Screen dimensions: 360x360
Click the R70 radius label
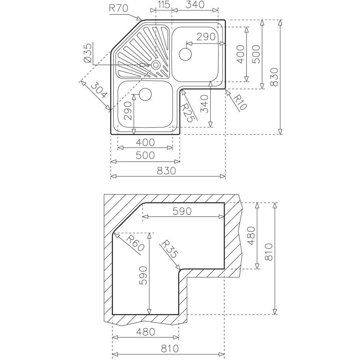click(118, 9)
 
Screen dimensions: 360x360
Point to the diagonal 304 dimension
click(99, 91)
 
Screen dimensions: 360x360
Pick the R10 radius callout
click(240, 102)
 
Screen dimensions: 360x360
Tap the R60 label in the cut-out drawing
click(135, 244)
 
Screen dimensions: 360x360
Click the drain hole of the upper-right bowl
click(185, 54)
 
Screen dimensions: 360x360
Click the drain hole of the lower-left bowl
click(145, 94)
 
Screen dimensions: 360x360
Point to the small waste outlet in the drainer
click(156, 65)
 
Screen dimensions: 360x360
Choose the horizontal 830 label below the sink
click(166, 171)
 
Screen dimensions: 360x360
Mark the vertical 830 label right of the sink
click(274, 77)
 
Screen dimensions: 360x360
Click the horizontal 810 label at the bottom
click(170, 348)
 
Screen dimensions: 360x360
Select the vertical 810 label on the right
click(269, 252)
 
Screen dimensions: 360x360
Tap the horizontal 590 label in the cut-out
click(182, 211)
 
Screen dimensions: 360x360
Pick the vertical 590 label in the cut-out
click(143, 275)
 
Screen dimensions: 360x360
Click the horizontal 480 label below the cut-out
click(145, 332)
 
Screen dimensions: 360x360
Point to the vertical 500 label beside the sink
click(256, 54)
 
